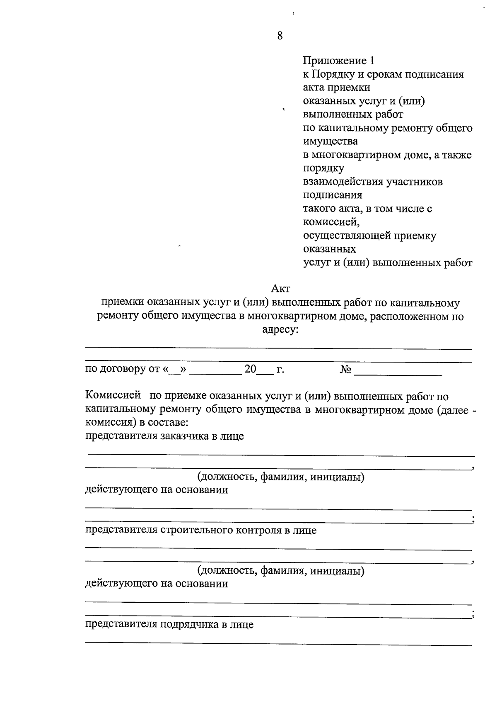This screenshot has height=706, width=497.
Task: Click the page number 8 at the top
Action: coord(280,36)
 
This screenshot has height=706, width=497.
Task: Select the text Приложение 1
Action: coord(339,61)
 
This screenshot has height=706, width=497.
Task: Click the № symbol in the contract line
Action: coord(345,369)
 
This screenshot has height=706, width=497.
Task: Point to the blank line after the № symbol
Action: coord(398,373)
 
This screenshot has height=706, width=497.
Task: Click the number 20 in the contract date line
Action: coord(251,369)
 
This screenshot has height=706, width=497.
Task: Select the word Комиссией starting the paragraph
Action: coord(113,396)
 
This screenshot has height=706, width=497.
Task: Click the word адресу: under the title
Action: coord(280,330)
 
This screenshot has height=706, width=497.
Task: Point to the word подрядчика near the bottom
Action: coord(188,625)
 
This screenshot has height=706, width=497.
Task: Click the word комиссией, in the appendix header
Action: coord(331,222)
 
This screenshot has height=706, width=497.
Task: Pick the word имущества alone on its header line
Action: coord(331,142)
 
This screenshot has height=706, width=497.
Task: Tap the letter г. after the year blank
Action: coord(280,369)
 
